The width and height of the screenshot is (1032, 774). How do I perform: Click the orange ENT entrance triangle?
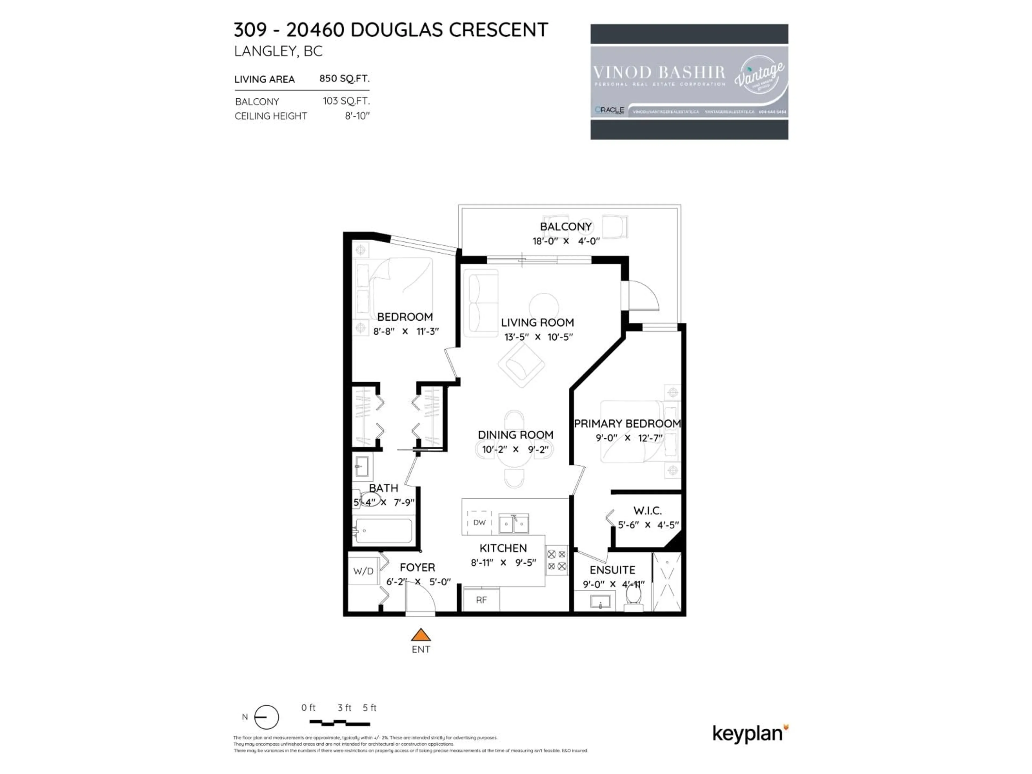pos(420,635)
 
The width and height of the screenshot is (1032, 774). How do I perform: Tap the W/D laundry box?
pos(363,571)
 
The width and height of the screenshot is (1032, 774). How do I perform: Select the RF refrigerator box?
pos(481,600)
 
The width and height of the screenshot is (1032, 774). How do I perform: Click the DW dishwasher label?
pos(479,522)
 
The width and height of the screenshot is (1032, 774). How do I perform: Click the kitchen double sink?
pos(513,524)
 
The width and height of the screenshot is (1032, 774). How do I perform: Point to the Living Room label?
pos(537,322)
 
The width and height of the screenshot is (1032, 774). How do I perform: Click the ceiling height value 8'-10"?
pos(357,116)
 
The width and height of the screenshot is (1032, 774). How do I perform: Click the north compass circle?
pos(266,717)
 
